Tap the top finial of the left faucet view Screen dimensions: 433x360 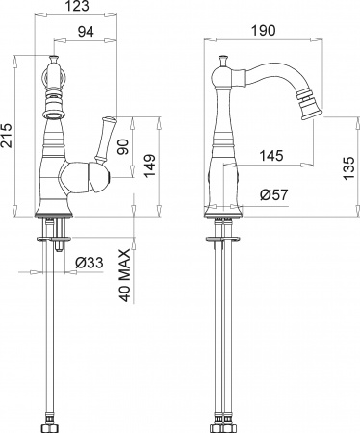click(50, 66)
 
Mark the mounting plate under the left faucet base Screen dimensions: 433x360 click(55, 233)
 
